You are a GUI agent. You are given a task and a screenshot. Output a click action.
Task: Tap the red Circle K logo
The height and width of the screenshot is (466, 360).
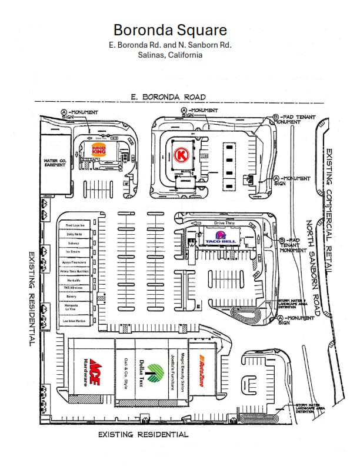[182, 155]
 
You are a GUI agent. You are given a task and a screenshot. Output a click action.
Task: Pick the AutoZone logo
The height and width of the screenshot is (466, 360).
[201, 371]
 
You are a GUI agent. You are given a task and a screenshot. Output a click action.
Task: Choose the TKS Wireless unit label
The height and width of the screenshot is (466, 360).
[75, 288]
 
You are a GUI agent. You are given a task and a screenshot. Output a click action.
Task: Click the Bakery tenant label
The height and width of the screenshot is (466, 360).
[75, 297]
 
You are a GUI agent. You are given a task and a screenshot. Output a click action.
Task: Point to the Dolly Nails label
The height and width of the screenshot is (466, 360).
[75, 234]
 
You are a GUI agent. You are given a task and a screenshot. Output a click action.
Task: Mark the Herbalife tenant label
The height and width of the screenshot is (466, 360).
[75, 279]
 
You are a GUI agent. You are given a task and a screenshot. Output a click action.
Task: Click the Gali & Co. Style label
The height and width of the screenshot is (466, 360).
[125, 372]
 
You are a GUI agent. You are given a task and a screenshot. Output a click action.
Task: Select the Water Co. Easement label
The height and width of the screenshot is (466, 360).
[54, 162]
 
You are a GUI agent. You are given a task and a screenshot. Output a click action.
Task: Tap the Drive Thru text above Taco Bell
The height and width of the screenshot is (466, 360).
[224, 223]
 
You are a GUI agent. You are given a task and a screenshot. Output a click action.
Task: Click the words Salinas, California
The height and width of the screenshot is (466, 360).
[169, 55]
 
